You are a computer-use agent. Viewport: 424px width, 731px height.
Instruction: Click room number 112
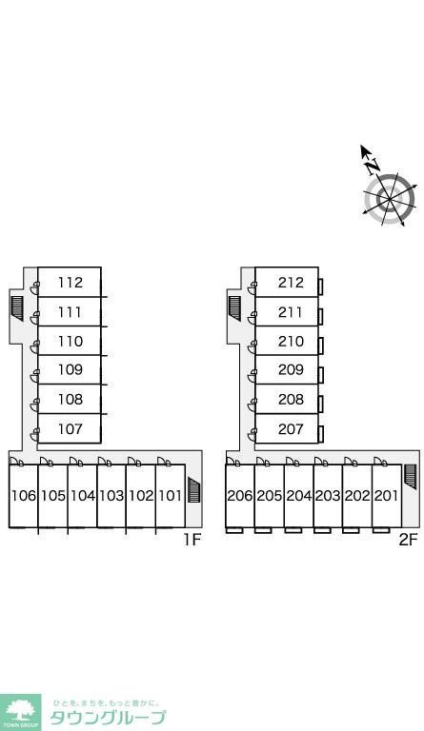pos(70,282)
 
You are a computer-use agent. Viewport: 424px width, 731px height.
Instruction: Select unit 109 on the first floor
pos(70,369)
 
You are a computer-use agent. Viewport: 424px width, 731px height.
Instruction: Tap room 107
pos(70,428)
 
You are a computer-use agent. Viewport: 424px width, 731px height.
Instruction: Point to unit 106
pos(23,495)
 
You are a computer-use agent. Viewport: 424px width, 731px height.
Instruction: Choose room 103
pos(111,495)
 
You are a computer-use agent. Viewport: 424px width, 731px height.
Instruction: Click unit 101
pos(170,495)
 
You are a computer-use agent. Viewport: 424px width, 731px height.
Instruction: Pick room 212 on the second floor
pos(291,282)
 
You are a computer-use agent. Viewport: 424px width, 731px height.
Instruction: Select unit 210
pos(291,341)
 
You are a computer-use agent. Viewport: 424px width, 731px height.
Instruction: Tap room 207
pos(291,428)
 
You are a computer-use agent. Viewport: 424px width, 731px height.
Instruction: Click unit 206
pos(240,495)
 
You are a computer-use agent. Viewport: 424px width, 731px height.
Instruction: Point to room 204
pos(298,495)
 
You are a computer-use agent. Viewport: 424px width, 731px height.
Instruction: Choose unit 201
pos(386,495)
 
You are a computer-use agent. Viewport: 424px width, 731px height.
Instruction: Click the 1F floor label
pos(192,540)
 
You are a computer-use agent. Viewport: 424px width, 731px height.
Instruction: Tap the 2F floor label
pos(408,540)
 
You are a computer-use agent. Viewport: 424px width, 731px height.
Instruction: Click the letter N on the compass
pos(373,166)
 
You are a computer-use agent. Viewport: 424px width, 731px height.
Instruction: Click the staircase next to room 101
pos(194,490)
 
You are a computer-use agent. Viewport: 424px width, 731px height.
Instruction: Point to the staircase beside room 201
pos(411,477)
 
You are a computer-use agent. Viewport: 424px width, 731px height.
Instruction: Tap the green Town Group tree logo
pos(20,711)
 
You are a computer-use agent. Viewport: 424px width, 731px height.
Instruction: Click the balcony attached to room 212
pos(321,287)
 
